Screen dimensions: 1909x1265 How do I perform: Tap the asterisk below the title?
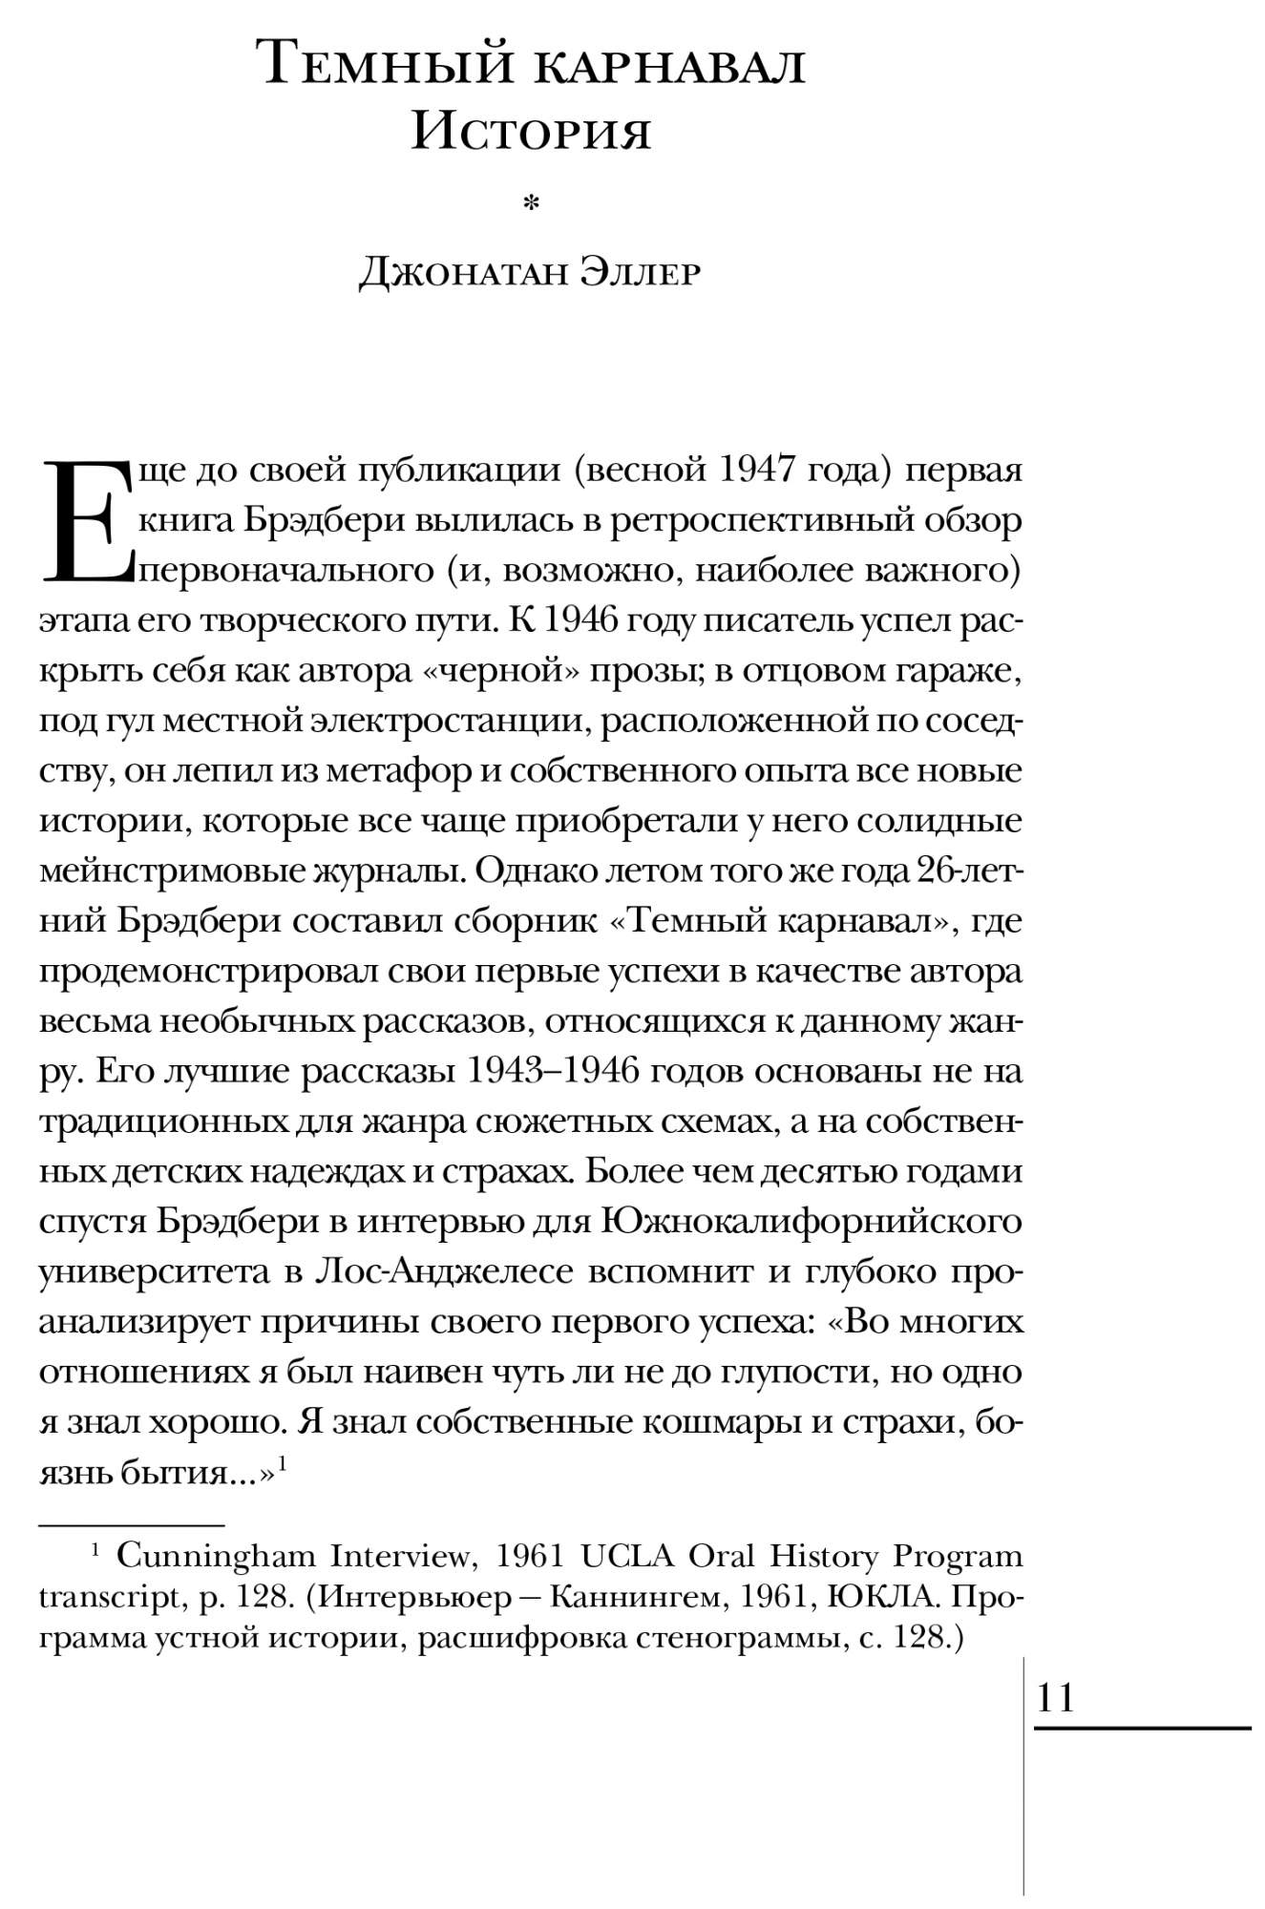tap(532, 202)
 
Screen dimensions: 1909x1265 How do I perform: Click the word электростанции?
tap(442, 721)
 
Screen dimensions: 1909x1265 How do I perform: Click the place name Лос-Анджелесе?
tap(444, 1271)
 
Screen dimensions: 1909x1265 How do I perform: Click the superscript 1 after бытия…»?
tap(283, 1461)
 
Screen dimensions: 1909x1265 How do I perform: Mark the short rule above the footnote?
tap(132, 1524)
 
